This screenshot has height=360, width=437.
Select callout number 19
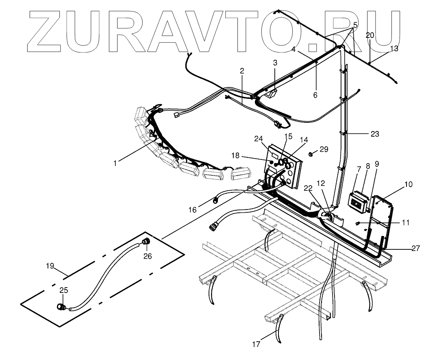(50, 266)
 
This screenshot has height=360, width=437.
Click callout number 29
(324, 149)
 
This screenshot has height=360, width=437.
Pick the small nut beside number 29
(311, 154)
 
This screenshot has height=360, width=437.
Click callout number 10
(408, 185)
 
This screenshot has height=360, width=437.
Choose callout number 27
(415, 248)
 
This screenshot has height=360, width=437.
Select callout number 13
(394, 48)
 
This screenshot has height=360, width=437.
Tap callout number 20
(370, 35)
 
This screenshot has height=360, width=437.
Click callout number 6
(315, 95)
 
